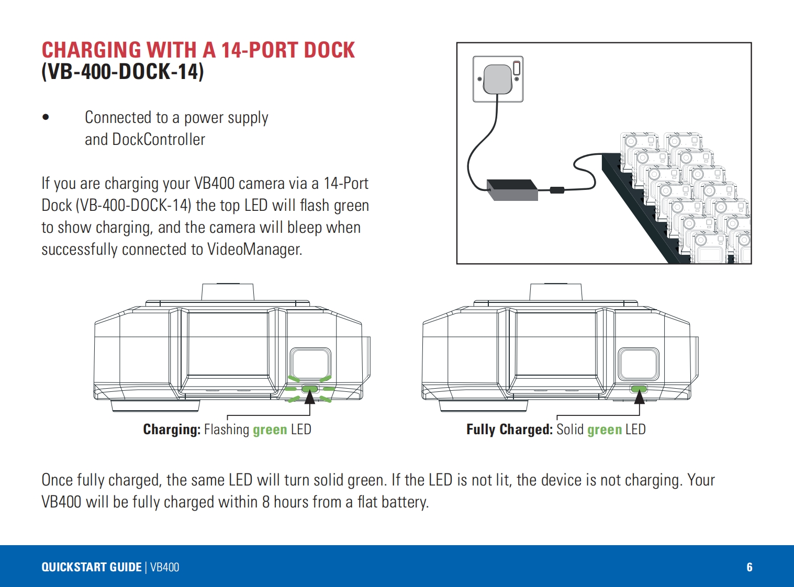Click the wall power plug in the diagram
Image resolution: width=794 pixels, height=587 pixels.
pos(497,78)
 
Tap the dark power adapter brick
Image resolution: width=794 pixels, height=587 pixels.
pos(512,189)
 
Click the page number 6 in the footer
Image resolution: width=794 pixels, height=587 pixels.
pos(749,567)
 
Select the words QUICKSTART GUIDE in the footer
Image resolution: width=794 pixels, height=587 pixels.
pos(92,567)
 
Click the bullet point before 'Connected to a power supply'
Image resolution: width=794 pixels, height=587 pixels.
pos(46,118)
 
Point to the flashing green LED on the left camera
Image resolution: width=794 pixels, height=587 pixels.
pos(310,389)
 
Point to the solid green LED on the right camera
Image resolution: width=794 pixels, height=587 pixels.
pos(639,389)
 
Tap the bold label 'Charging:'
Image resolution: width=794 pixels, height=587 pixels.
pos(172,430)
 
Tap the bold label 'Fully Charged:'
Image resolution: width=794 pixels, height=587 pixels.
pos(509,430)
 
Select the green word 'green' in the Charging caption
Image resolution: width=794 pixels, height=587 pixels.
pos(270,430)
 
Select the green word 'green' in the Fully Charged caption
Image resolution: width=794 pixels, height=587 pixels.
pos(604,430)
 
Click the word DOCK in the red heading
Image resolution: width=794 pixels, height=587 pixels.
pos(329,50)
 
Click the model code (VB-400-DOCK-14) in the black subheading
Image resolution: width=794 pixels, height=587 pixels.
pos(122,72)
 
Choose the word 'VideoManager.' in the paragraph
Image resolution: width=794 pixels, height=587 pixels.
pos(255,249)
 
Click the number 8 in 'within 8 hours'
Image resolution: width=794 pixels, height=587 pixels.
pos(266,502)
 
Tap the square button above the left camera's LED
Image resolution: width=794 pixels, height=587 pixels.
pos(310,364)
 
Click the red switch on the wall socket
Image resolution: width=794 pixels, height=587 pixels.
pos(517,67)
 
